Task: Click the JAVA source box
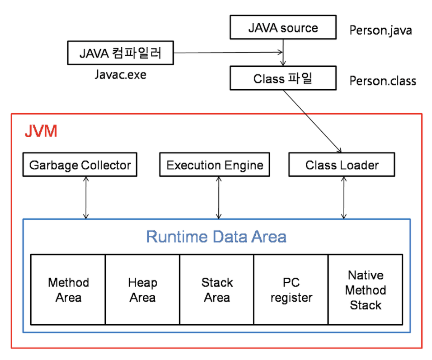(283, 27)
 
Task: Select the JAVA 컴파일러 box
(120, 53)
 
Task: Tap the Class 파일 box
(283, 78)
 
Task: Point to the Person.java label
(380, 30)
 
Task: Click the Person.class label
(383, 81)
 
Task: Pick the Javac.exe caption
(120, 75)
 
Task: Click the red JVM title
(41, 131)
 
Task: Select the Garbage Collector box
(80, 165)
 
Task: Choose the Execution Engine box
(214, 165)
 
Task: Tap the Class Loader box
(342, 165)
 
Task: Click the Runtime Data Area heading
(216, 237)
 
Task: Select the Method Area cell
(68, 289)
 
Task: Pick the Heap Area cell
(142, 289)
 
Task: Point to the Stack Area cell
(217, 289)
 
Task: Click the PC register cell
(291, 289)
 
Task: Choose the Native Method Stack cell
(365, 289)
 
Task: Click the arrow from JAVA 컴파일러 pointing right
(228, 52)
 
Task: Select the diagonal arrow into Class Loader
(313, 121)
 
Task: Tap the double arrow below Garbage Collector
(86, 198)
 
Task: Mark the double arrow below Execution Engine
(219, 198)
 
